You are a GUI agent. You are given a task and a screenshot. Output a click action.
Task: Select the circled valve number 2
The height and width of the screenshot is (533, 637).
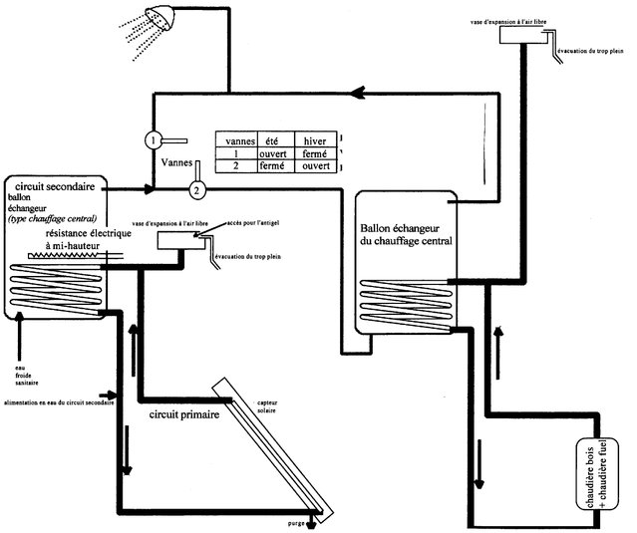197,187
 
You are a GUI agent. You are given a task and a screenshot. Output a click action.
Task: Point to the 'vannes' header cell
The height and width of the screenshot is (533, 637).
236,140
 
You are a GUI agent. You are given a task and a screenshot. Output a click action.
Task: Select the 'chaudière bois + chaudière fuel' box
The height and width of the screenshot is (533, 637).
597,478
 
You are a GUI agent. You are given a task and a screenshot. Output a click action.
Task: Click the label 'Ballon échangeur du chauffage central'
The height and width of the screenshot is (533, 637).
408,234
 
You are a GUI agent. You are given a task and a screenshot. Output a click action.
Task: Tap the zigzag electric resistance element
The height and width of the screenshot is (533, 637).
66,256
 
